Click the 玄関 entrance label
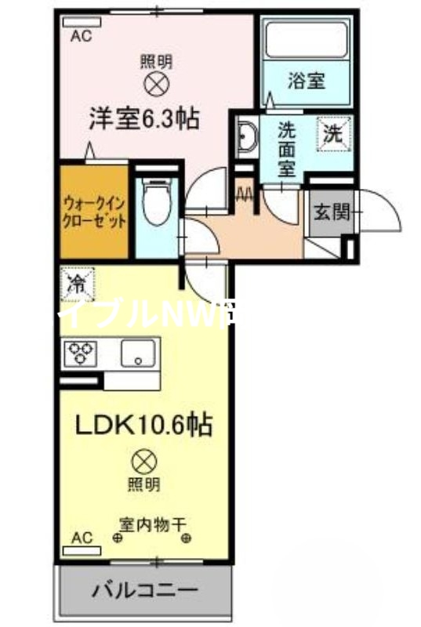pyautogui.click(x=330, y=212)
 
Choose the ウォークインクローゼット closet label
pyautogui.click(x=94, y=211)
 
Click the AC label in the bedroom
pyautogui.click(x=81, y=35)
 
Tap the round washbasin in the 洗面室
pyautogui.click(x=245, y=138)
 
